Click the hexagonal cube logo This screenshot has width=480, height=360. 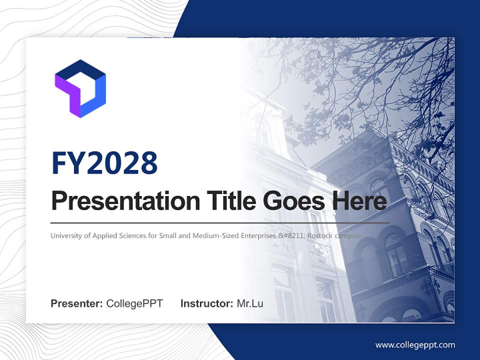coord(80,88)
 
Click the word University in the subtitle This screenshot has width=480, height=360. coord(67,235)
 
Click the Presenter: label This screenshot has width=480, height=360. coord(77,303)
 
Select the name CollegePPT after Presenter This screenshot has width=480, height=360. coord(134,303)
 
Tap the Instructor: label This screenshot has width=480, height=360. coord(206,303)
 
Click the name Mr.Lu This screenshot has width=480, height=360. coord(250,303)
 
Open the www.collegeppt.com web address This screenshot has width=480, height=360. coord(415,345)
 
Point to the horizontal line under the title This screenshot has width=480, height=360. coord(220,222)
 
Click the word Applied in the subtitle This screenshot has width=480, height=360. coord(104,235)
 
